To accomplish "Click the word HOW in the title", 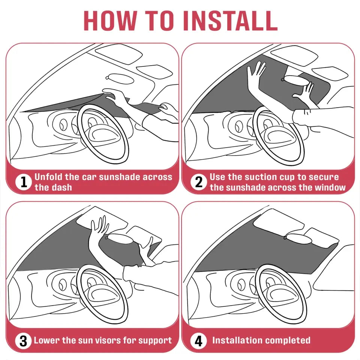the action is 109,20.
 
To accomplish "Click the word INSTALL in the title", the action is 230,20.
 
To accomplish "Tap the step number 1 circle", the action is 23,182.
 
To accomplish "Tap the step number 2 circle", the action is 198,182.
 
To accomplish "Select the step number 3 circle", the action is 23,341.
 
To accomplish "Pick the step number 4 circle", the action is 198,341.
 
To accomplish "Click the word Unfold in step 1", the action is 48,177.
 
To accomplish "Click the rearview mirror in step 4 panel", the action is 298,238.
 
